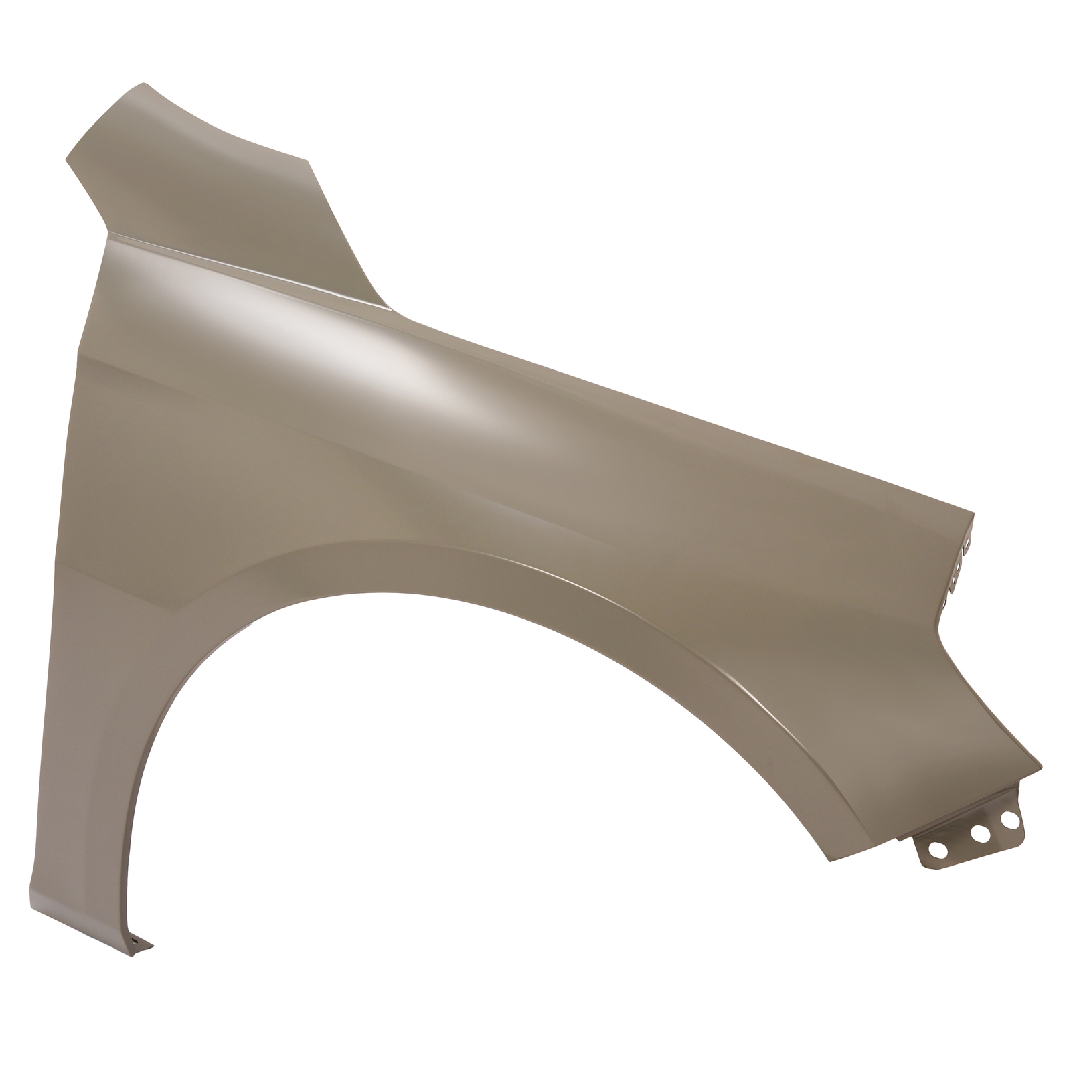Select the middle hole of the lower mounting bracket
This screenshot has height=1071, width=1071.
980,833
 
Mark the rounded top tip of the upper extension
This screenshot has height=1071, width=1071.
143,84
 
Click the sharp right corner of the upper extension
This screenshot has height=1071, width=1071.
309,161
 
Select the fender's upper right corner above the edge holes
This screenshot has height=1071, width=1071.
973,514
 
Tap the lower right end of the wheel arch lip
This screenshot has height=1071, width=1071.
830,861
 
